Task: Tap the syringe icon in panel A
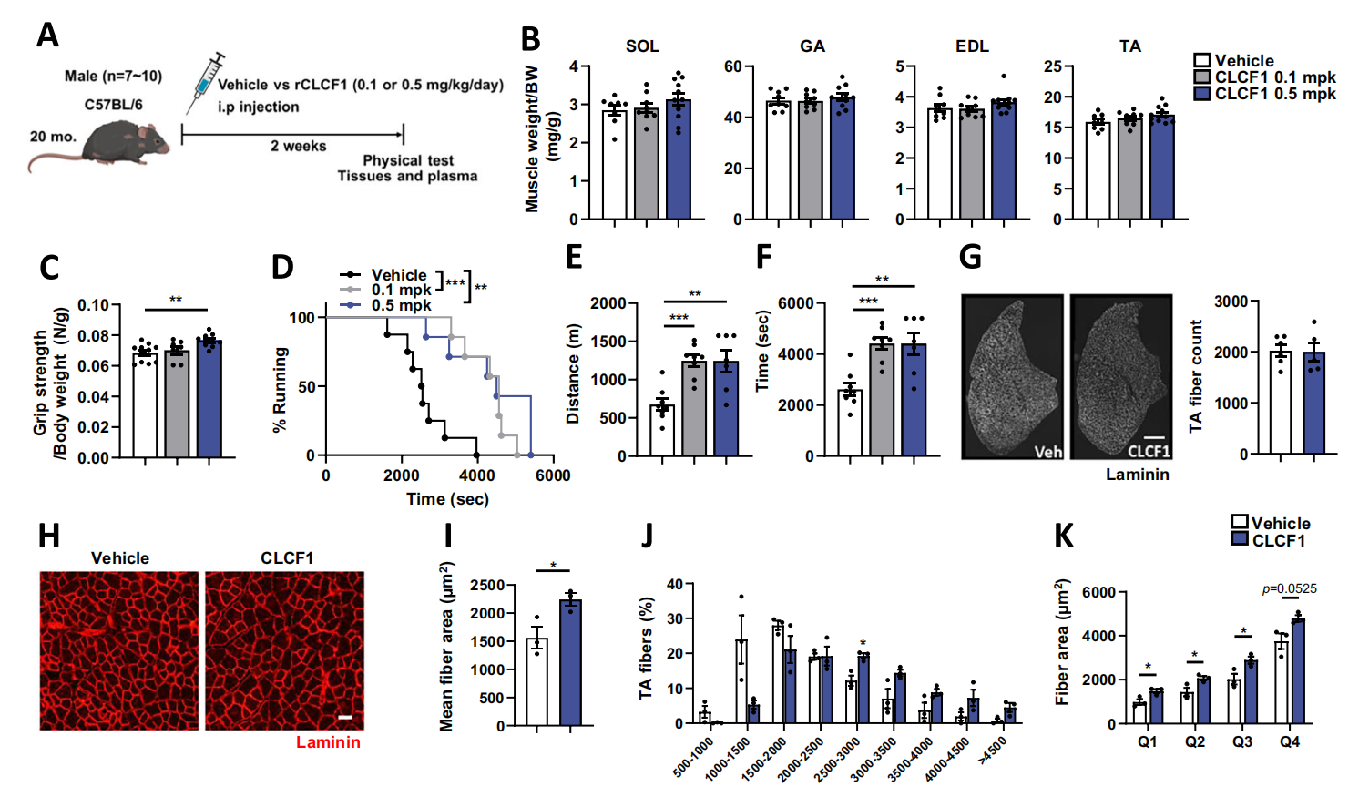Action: click(206, 79)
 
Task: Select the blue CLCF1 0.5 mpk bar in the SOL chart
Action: click(678, 160)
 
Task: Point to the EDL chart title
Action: click(972, 46)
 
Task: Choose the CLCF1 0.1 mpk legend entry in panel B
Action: click(1266, 77)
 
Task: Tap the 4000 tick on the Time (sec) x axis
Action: click(476, 475)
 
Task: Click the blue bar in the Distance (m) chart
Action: click(726, 409)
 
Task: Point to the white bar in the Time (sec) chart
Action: click(850, 424)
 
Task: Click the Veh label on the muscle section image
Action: click(1047, 451)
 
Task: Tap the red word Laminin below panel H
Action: click(328, 742)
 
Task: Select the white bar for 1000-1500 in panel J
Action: click(741, 682)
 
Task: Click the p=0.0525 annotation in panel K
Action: click(1289, 589)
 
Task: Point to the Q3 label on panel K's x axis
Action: click(1242, 742)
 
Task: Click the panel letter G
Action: click(971, 258)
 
